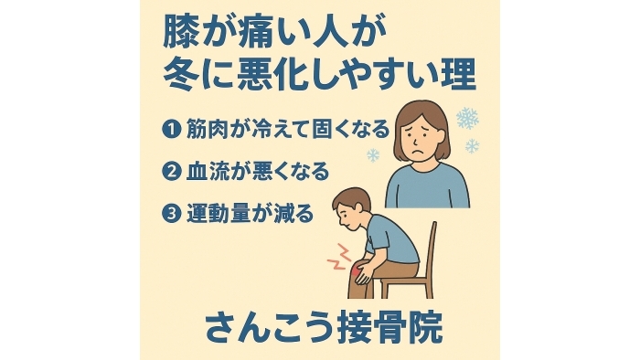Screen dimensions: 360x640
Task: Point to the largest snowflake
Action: click(467, 118)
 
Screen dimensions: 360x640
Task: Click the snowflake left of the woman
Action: click(373, 155)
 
